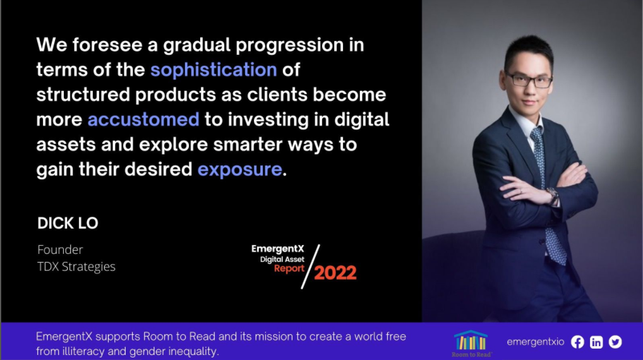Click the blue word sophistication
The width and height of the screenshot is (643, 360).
coord(213,70)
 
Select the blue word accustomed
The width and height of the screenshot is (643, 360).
coord(143,120)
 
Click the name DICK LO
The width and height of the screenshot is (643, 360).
coord(68,224)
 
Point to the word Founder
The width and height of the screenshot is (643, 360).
coord(60,249)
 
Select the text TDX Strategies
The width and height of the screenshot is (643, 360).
coord(76,267)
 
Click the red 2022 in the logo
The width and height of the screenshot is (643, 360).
coord(335,273)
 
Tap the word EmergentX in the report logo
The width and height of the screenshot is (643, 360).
coord(278,248)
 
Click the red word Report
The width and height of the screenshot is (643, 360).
coord(289,268)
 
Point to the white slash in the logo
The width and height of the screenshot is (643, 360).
coord(310,267)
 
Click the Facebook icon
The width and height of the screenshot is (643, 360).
coord(577,342)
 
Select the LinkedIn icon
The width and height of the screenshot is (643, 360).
coord(596,342)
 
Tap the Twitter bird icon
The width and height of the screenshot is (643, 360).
coord(615,342)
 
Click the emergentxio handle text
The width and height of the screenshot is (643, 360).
coord(536,342)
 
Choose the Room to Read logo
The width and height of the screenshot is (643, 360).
coord(471,344)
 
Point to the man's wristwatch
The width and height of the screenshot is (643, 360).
coord(553,196)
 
